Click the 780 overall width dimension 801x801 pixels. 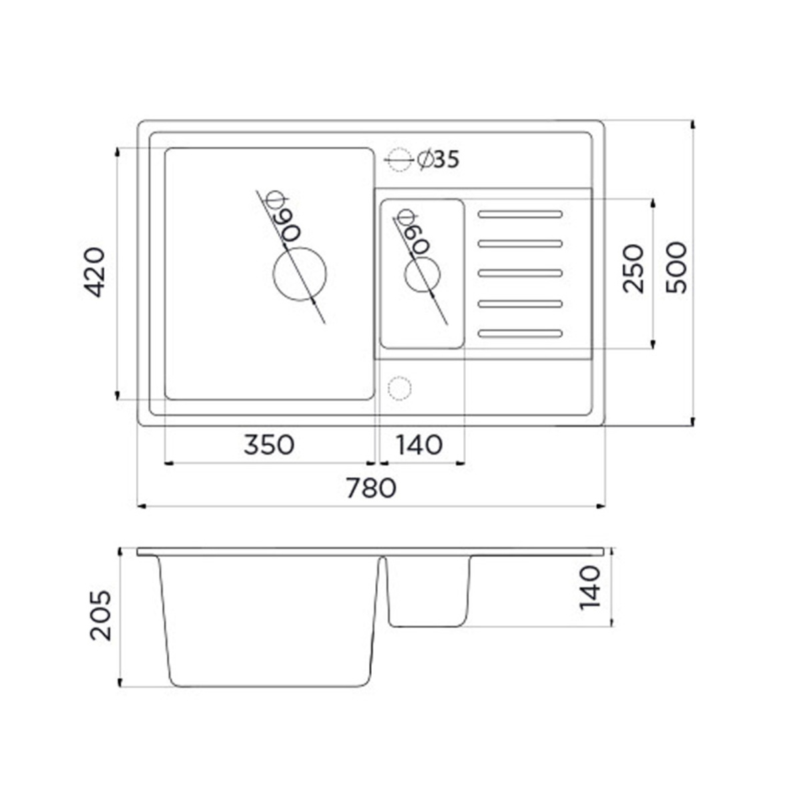[x=371, y=488]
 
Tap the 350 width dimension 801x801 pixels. [x=269, y=445]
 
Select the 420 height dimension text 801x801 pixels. [x=94, y=272]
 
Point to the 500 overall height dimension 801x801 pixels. [x=676, y=268]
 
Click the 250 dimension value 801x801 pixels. [x=633, y=268]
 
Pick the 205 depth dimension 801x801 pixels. [x=101, y=617]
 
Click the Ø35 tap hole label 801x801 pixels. [x=439, y=160]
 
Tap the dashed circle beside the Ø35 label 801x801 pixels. [x=400, y=160]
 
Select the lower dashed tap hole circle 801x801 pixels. [x=399, y=388]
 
